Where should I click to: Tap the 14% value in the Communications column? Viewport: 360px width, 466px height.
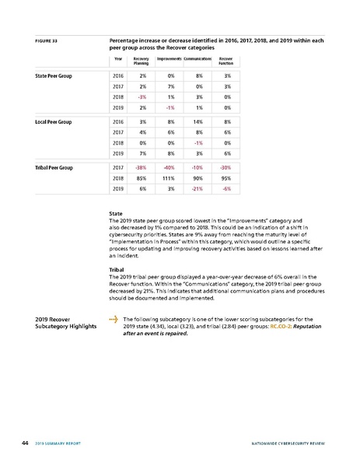click(x=198, y=122)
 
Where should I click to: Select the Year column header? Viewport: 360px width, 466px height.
click(x=117, y=59)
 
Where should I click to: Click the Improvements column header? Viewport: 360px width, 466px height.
click(x=169, y=59)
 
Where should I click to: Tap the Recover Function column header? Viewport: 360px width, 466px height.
click(x=225, y=61)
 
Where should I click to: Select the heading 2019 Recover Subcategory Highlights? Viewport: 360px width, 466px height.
click(x=58, y=323)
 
